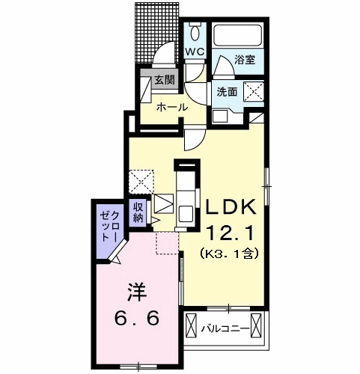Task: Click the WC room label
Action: tap(195, 52)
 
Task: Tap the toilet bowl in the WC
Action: tap(195, 31)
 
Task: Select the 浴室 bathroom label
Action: tap(245, 60)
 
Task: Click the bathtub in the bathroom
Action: tap(237, 35)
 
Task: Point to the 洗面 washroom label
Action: tap(227, 92)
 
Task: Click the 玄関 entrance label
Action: tap(165, 80)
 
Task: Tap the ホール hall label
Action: tap(172, 108)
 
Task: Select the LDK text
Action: tap(231, 207)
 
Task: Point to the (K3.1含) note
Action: tap(229, 254)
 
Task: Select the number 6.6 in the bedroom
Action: tap(137, 319)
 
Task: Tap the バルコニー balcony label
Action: tap(225, 328)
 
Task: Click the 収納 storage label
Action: tap(138, 212)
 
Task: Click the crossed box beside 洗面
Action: tap(254, 91)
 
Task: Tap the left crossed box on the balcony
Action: tap(192, 326)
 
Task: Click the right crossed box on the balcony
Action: tap(257, 326)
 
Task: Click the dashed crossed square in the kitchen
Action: tap(141, 182)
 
